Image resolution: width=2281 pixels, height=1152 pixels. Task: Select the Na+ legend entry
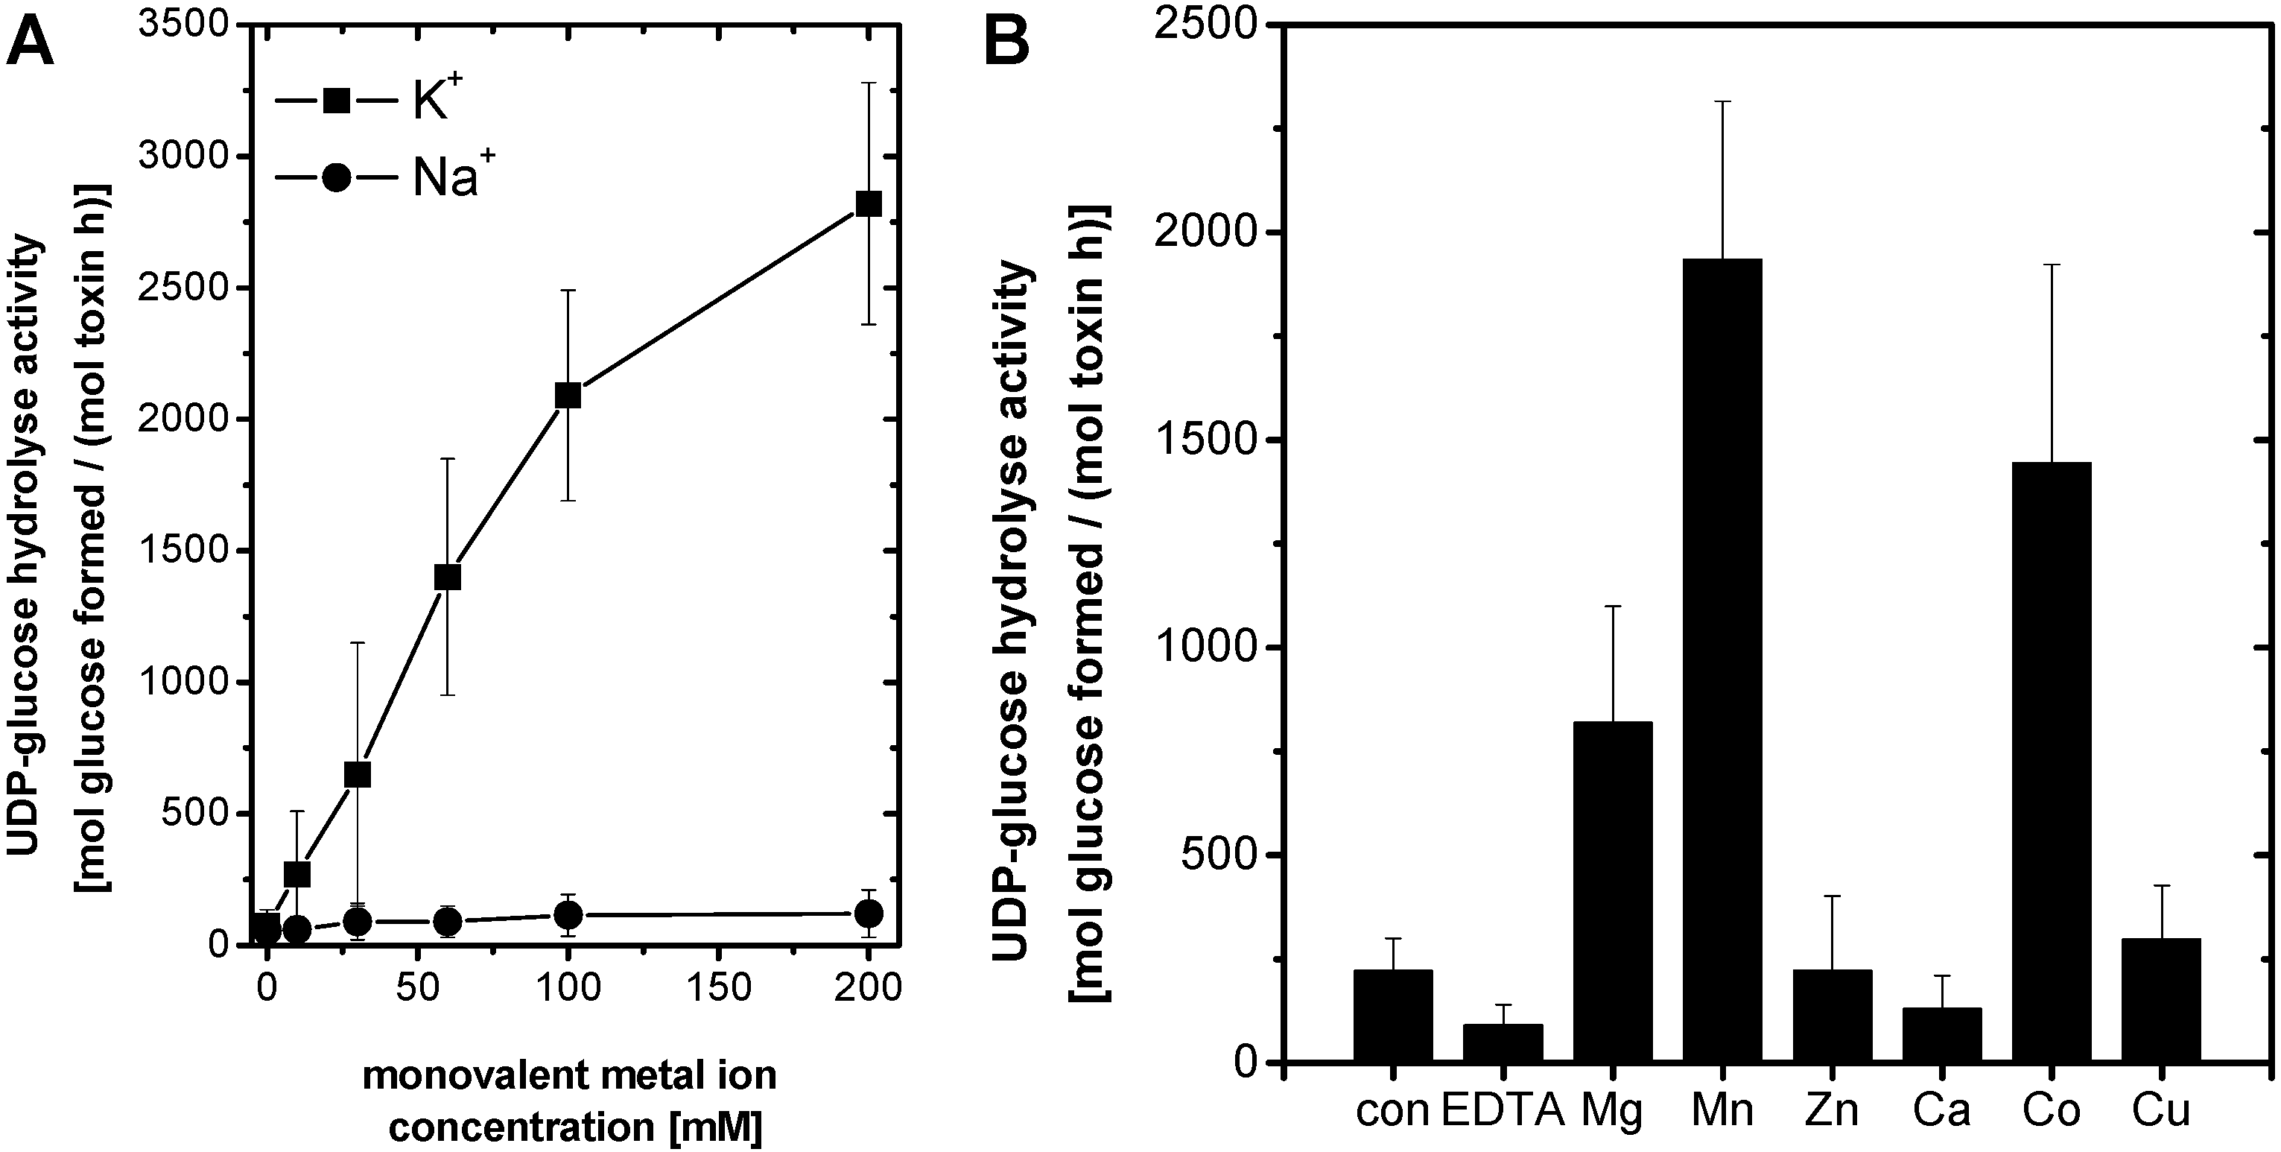coord(381,178)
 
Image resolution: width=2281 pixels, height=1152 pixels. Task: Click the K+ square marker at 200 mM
coord(869,203)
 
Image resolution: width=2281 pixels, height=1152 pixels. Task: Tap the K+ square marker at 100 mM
coord(568,395)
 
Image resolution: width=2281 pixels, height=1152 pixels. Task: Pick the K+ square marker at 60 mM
coord(447,577)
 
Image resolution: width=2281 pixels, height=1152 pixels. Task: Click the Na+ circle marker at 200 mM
coord(869,914)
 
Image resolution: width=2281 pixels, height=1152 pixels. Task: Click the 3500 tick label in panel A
coord(184,25)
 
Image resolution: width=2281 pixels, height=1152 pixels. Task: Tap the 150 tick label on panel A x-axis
coord(718,987)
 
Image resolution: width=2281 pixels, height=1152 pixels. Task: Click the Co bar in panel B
coord(2052,762)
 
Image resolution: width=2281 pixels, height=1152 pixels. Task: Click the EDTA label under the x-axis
coord(1503,1110)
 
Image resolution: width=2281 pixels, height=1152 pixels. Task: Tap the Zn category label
coord(1832,1110)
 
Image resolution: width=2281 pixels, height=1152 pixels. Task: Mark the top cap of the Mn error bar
coord(1722,102)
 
